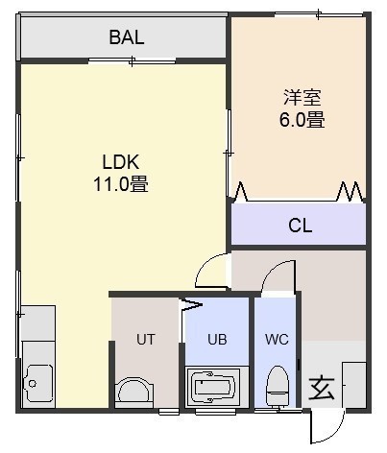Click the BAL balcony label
(x=127, y=37)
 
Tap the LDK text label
(x=121, y=162)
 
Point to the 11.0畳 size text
(x=121, y=184)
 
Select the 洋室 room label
(x=302, y=97)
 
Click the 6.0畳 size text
(x=302, y=119)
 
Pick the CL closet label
(x=300, y=226)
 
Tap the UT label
(x=146, y=339)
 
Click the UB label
(x=217, y=339)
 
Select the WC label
(x=277, y=339)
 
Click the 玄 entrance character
(x=322, y=389)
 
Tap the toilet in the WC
(x=278, y=387)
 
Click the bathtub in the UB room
(x=213, y=387)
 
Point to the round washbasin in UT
(x=134, y=393)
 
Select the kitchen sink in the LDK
(x=38, y=383)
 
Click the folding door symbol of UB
(x=191, y=304)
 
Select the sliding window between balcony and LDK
(x=132, y=60)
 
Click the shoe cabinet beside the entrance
(x=354, y=385)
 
